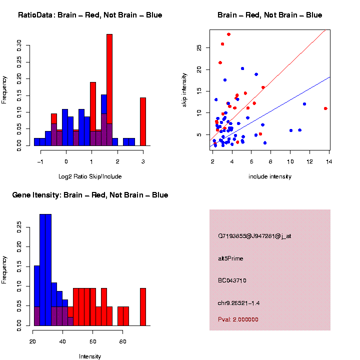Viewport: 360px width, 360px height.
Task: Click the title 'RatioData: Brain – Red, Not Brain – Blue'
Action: pos(90,15)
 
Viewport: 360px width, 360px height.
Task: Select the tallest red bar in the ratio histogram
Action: pos(109,90)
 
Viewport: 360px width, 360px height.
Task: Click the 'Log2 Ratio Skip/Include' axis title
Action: pos(90,176)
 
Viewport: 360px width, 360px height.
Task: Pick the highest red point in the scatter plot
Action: pos(228,34)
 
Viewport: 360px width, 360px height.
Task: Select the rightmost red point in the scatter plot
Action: pos(325,108)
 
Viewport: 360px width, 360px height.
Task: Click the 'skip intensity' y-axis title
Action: pos(191,89)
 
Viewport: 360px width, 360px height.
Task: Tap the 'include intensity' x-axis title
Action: pos(270,176)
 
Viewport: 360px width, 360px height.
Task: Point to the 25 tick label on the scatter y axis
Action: pos(199,48)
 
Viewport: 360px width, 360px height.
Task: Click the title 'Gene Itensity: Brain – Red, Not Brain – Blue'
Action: pos(90,195)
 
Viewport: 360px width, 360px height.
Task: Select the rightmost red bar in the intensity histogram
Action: pos(143,306)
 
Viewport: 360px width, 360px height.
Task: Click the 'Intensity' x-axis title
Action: pos(90,356)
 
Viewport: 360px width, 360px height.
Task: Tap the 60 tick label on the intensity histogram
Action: pos(92,341)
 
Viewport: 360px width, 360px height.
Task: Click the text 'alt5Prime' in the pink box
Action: pos(230,258)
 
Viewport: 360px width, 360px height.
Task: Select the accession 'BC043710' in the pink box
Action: pos(232,280)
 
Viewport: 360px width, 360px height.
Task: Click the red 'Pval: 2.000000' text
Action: pos(238,319)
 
